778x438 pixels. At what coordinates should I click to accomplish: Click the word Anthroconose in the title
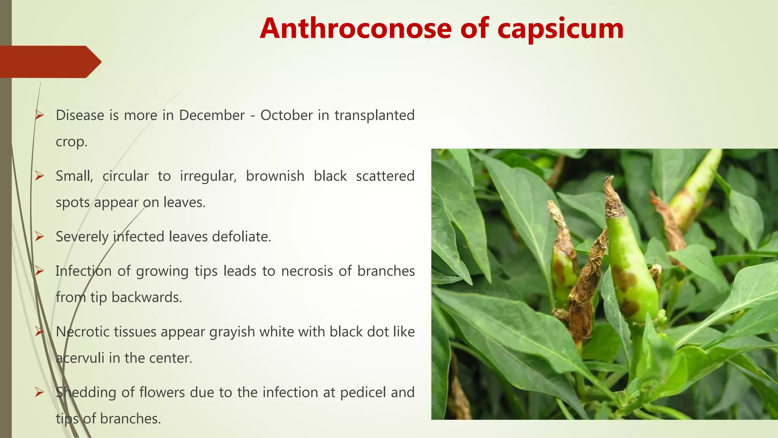coord(356,29)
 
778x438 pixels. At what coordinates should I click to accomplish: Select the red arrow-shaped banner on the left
coord(49,62)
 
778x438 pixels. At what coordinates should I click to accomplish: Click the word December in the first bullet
coord(212,115)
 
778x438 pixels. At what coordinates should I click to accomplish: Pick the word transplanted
coord(374,115)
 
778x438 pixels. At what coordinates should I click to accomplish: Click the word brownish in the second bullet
coord(275,176)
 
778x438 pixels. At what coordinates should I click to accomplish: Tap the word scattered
coord(385,176)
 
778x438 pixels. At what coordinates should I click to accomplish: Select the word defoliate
coord(241,236)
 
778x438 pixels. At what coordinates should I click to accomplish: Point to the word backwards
coord(147,297)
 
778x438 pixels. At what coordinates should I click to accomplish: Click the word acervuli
coord(80,358)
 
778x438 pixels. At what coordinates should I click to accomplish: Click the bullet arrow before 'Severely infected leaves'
coord(40,237)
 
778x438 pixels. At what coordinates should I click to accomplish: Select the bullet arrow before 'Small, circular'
coord(40,176)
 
